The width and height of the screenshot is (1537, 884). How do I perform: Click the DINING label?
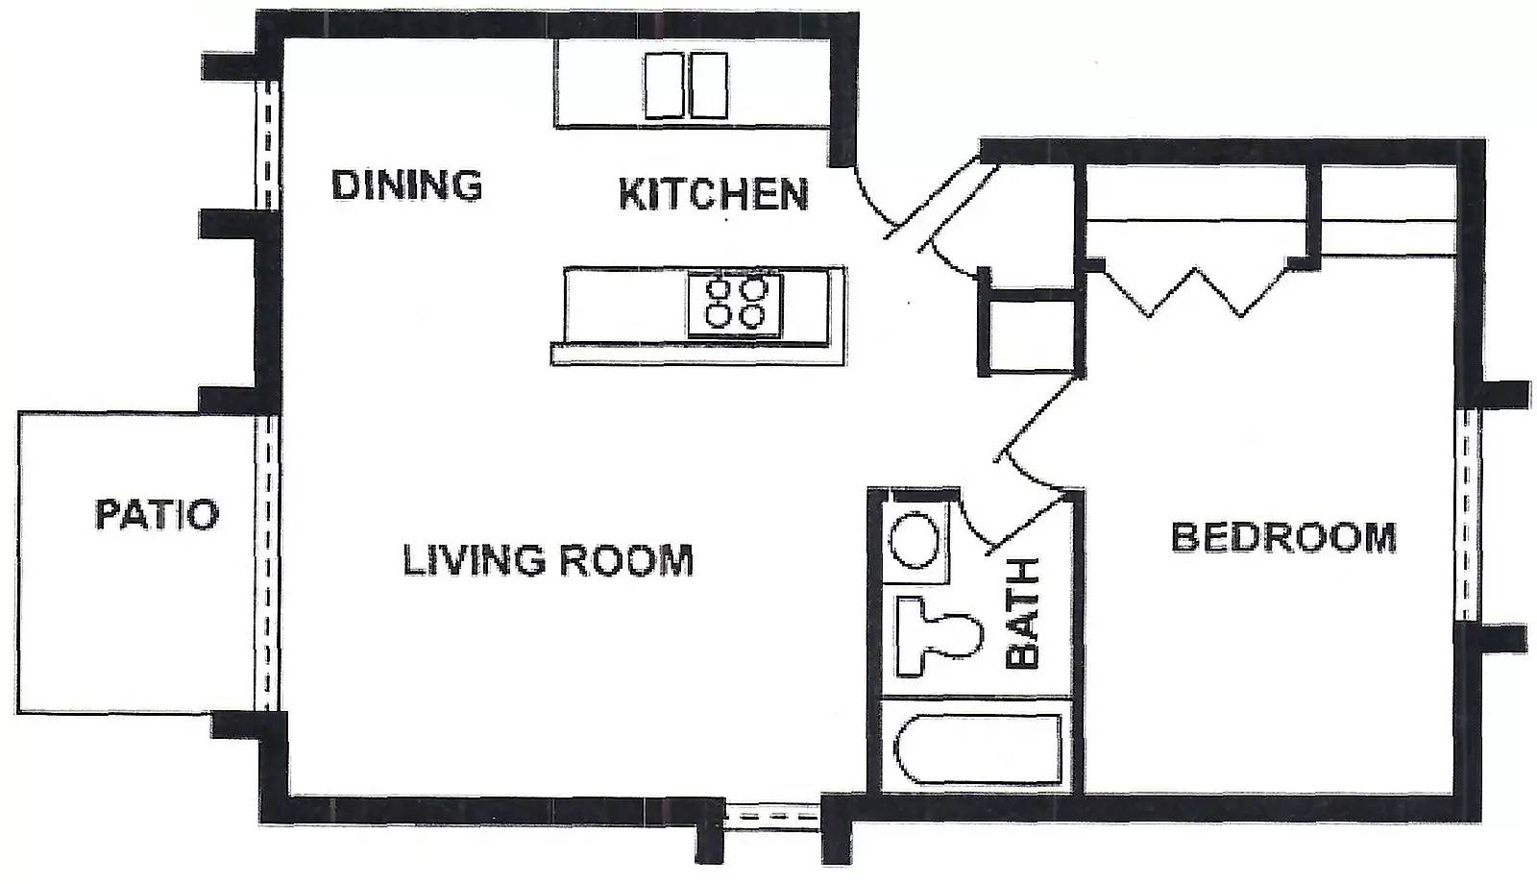tap(407, 184)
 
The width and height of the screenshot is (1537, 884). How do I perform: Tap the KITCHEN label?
tap(714, 193)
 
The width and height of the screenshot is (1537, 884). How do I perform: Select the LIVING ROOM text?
tap(548, 559)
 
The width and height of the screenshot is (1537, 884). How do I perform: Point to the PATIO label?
tap(158, 514)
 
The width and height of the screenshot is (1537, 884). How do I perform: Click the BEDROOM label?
tap(1283, 537)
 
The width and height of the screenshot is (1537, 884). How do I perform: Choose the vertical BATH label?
tap(1022, 613)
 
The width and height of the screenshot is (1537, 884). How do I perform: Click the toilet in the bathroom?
tap(939, 636)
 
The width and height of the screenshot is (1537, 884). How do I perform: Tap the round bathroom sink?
tap(915, 540)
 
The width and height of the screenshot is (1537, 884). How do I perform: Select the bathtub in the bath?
tap(978, 749)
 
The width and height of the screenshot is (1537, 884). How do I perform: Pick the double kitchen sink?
tap(686, 86)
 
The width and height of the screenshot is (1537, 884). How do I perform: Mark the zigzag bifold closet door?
tap(1195, 291)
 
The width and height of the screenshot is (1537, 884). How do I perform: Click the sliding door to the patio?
tap(267, 563)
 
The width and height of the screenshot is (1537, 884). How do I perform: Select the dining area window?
tap(267, 145)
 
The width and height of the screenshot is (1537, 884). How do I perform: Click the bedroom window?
tap(1466, 515)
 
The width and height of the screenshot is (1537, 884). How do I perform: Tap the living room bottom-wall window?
tap(772, 817)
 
